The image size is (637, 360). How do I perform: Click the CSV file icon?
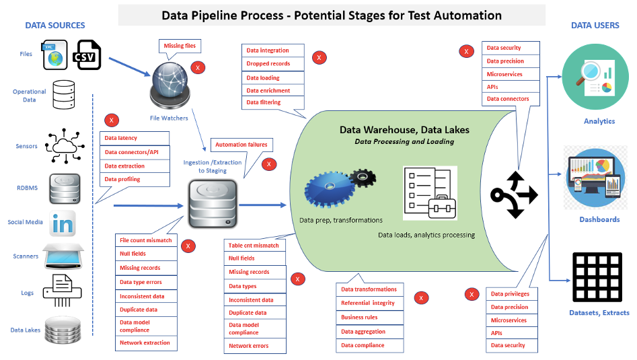pyautogui.click(x=86, y=55)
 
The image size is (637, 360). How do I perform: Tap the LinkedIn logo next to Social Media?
pyautogui.click(x=63, y=223)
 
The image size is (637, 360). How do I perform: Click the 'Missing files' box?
pyautogui.click(x=180, y=46)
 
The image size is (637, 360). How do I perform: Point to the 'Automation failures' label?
pyautogui.click(x=240, y=145)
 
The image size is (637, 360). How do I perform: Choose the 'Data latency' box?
pyautogui.click(x=135, y=138)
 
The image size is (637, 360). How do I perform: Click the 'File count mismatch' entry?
pyautogui.click(x=146, y=240)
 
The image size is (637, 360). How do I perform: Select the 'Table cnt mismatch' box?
pyautogui.click(x=254, y=246)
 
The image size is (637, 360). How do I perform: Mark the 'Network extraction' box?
pyautogui.click(x=146, y=343)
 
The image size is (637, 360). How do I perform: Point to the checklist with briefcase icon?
pyautogui.click(x=430, y=192)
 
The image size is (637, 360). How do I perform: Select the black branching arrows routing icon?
pyautogui.click(x=515, y=194)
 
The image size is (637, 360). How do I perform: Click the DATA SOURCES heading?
pyautogui.click(x=55, y=26)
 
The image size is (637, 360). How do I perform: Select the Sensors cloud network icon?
pyautogui.click(x=64, y=143)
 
